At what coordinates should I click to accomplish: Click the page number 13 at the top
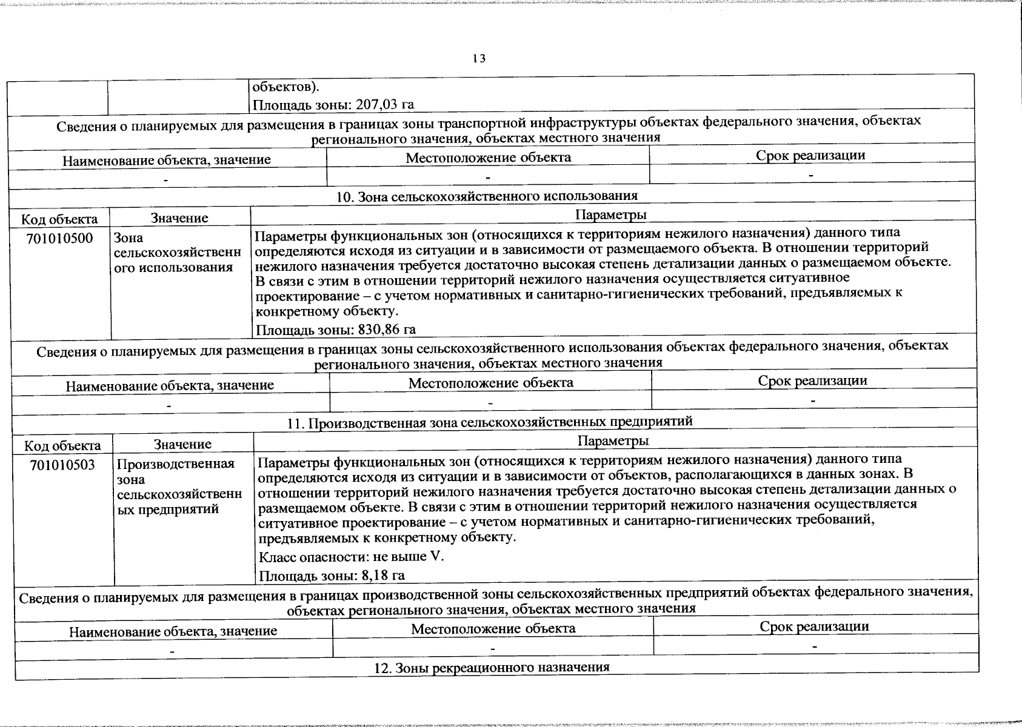point(479,58)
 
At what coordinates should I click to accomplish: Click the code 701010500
point(59,238)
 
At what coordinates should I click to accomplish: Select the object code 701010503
point(62,465)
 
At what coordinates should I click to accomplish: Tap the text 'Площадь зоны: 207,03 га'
point(333,104)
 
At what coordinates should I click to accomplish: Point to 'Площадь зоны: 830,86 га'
point(336,330)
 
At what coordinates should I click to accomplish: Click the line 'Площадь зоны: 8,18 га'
point(332,576)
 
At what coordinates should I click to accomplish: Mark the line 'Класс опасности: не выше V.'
point(351,556)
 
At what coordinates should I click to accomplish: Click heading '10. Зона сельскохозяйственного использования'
point(487,196)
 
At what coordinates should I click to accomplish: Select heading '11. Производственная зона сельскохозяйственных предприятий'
point(490,421)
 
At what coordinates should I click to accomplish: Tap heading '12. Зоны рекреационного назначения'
point(492,667)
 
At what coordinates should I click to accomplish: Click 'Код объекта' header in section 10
point(59,218)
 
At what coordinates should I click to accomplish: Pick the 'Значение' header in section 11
point(182,444)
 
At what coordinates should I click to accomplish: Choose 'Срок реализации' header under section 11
point(814,626)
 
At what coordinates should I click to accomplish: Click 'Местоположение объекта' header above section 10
point(488,158)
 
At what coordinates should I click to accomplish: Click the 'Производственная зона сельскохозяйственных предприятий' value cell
point(179,486)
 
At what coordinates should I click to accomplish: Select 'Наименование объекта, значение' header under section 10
point(170,385)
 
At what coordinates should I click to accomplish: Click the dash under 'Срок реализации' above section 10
point(811,174)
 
